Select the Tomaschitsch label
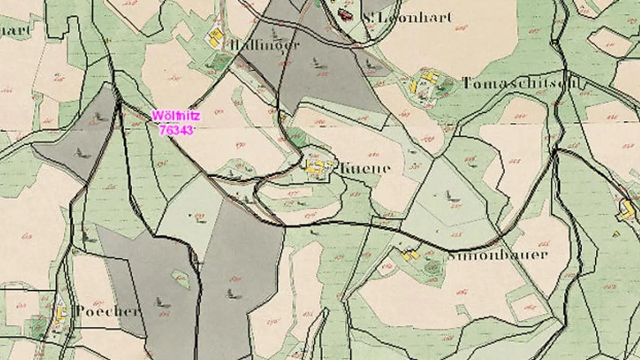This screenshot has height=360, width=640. pyautogui.click(x=521, y=83)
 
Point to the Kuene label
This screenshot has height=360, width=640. pyautogui.click(x=365, y=168)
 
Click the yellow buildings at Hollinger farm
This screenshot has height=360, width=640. pyautogui.click(x=215, y=36)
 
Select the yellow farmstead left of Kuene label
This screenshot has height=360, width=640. pyautogui.click(x=316, y=166)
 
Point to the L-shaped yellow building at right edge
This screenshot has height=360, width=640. pyautogui.click(x=627, y=209)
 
